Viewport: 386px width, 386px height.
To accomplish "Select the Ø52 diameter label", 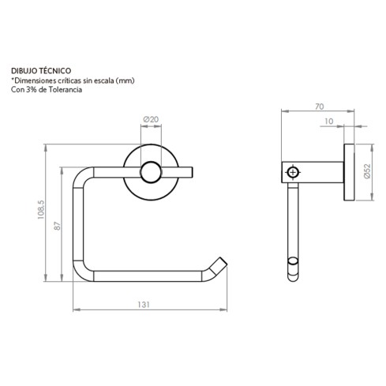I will coord(368,174).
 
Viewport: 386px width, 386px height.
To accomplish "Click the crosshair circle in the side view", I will coord(294,172).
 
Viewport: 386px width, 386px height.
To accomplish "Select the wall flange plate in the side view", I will coord(347,173).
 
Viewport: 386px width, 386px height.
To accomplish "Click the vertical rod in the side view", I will coord(293,225).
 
